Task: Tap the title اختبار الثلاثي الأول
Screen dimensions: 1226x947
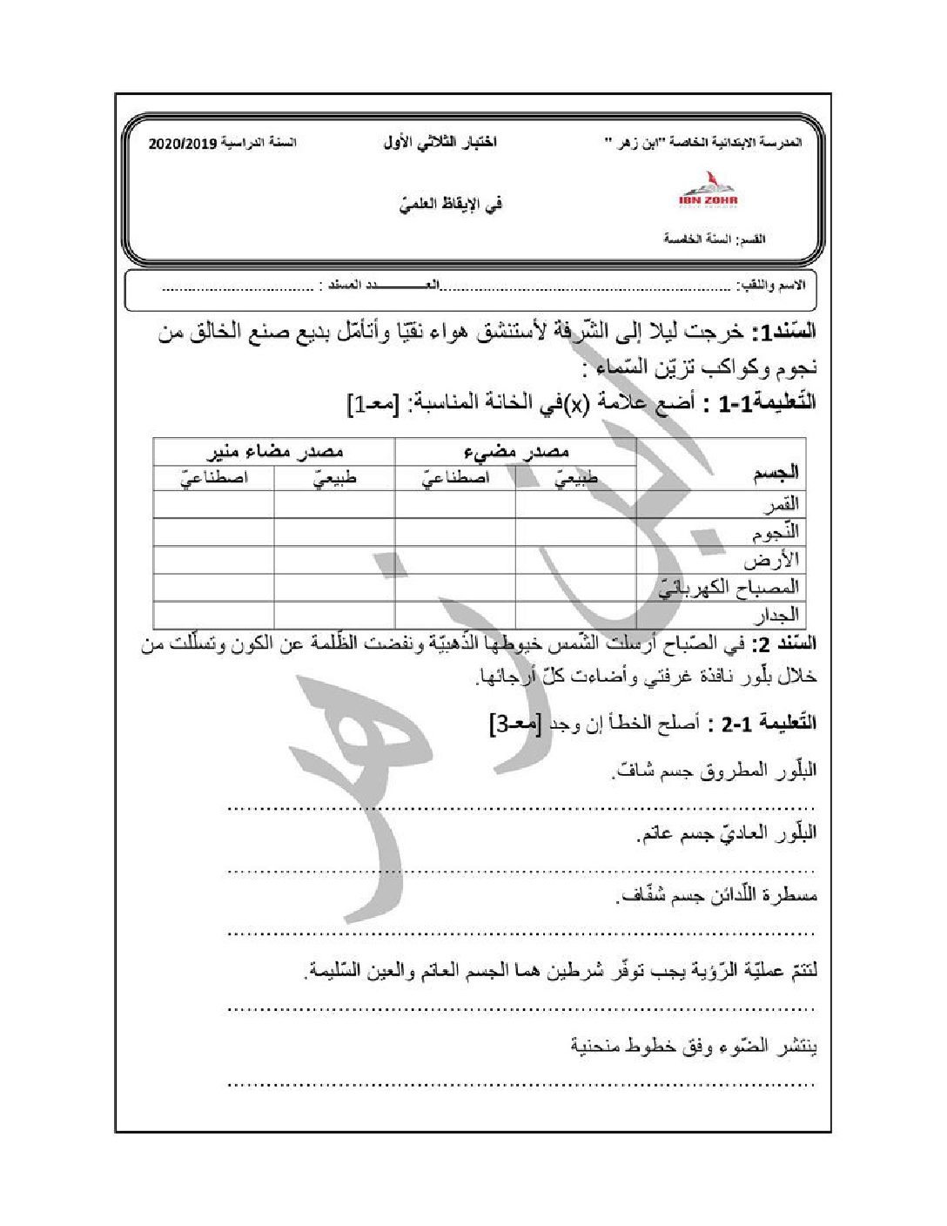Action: pos(439,142)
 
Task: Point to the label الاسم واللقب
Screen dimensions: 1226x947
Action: pos(774,286)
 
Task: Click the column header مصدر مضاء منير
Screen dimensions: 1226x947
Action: pos(274,451)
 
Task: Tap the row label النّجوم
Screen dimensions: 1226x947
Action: pos(776,531)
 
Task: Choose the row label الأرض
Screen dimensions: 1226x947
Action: pos(776,559)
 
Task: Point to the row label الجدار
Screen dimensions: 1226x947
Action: pos(779,615)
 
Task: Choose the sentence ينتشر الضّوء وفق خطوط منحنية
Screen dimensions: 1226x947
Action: pos(694,1045)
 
